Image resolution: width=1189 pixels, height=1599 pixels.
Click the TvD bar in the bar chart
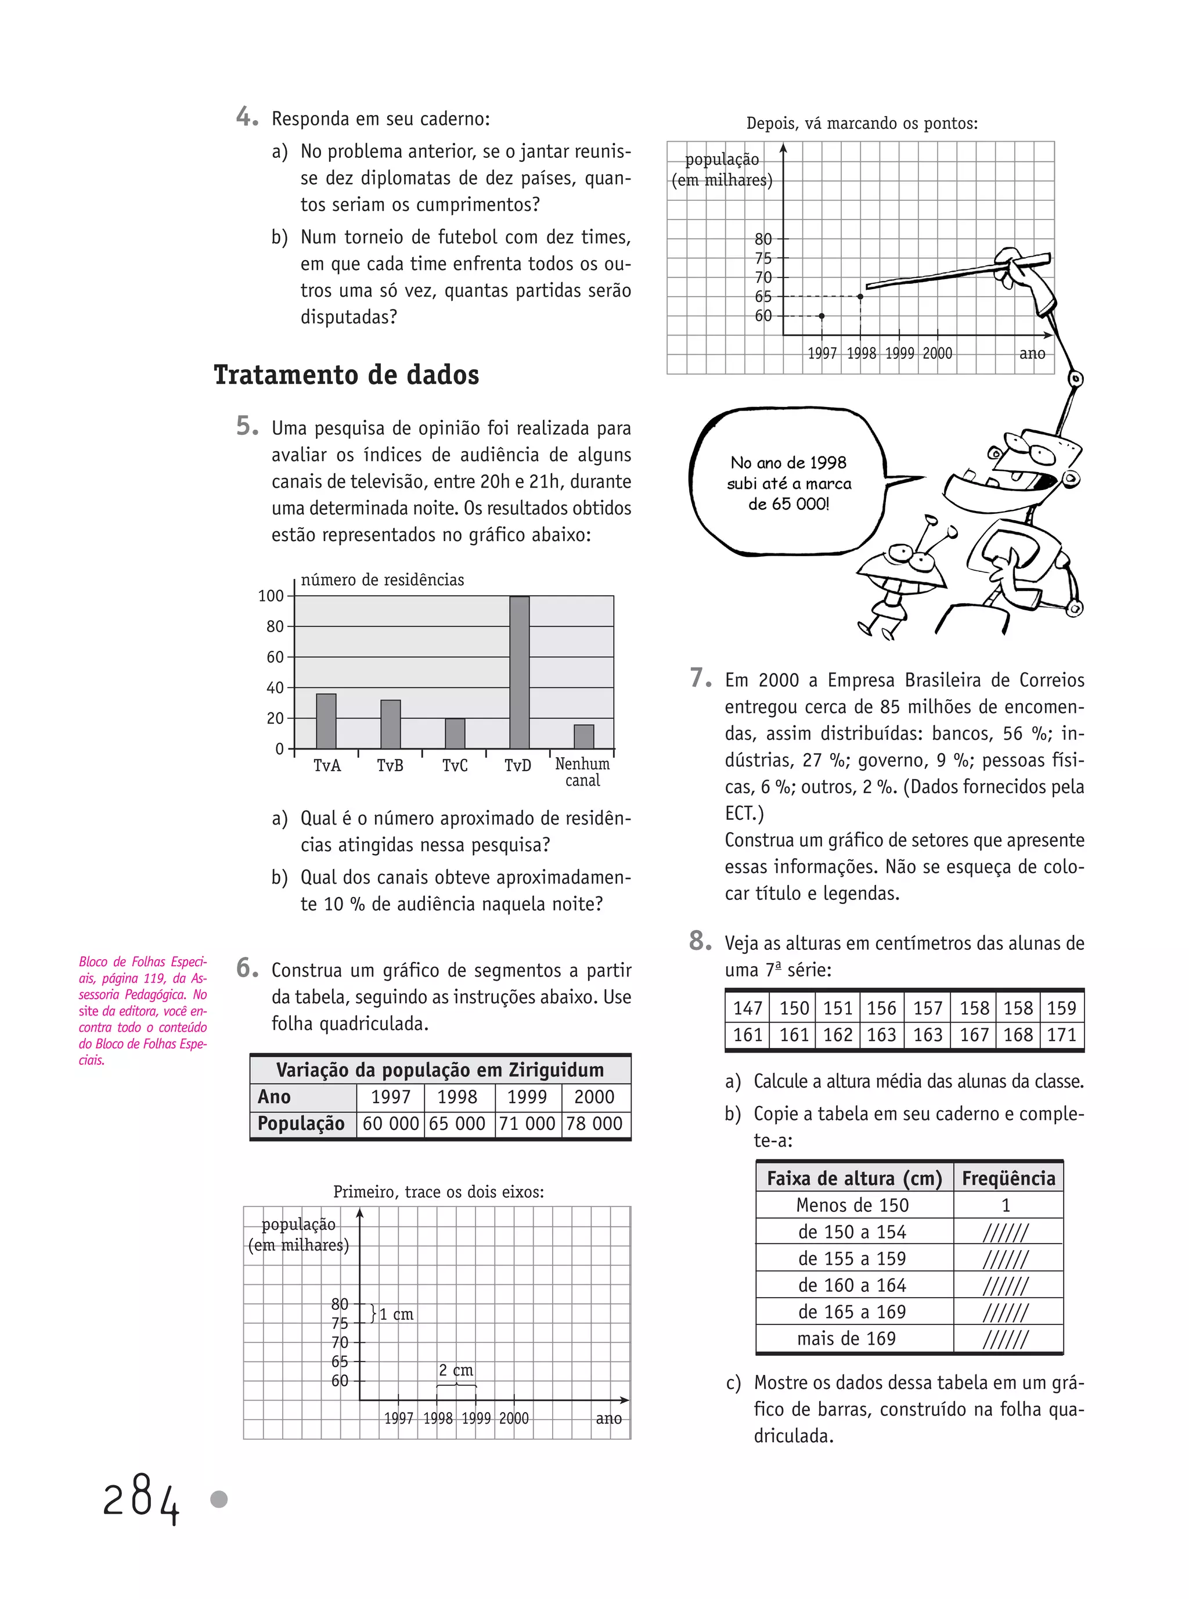[519, 673]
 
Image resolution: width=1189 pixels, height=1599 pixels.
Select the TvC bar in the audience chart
[455, 733]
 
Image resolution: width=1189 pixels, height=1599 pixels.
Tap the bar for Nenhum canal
[583, 737]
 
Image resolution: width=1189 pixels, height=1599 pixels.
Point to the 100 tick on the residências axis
[271, 596]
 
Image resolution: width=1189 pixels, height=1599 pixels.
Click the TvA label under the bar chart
[327, 766]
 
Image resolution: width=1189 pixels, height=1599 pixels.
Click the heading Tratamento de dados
[346, 375]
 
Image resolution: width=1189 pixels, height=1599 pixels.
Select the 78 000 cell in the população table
[594, 1123]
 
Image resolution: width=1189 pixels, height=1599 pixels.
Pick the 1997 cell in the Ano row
[390, 1097]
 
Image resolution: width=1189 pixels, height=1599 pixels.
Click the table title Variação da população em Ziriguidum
[439, 1070]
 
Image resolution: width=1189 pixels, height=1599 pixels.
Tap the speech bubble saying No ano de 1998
[788, 482]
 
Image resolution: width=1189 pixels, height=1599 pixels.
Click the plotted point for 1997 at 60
[822, 316]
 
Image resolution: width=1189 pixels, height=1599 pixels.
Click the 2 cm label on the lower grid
[456, 1370]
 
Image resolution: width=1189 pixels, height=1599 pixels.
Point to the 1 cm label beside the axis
[396, 1314]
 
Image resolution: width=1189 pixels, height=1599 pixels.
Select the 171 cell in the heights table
[1062, 1035]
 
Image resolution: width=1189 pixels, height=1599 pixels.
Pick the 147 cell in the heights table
[747, 1008]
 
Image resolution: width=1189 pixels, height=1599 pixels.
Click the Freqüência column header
[1008, 1178]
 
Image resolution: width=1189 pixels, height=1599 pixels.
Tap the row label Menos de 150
[852, 1205]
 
